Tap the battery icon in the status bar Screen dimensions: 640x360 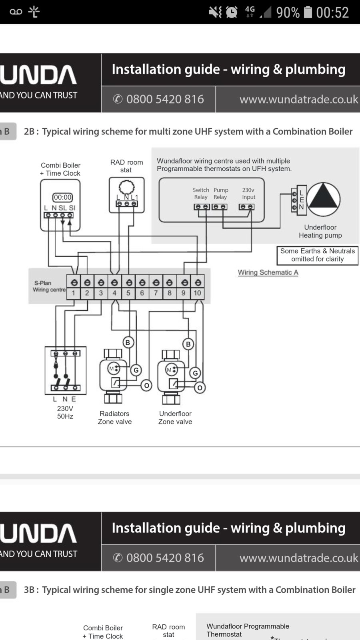308,12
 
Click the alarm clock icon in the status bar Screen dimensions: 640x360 232,12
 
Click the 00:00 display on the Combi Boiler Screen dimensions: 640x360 62,197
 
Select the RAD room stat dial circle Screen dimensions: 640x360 126,187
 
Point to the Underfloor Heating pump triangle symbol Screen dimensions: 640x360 323,199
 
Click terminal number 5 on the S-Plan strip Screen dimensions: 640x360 128,293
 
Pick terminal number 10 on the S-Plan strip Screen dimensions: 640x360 197,293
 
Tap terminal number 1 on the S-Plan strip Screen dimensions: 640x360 73,293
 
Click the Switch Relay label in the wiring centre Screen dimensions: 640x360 201,194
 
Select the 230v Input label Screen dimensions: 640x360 248,194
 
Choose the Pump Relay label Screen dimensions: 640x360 220,194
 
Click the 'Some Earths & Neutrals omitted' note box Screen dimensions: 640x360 317,255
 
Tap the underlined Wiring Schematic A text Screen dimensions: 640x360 268,272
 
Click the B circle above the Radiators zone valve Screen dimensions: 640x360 128,342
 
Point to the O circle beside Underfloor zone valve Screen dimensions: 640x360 200,387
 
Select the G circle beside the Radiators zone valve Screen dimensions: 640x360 136,370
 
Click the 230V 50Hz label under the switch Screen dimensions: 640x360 65,412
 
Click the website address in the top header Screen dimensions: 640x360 298,99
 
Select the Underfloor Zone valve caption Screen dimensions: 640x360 175,418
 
